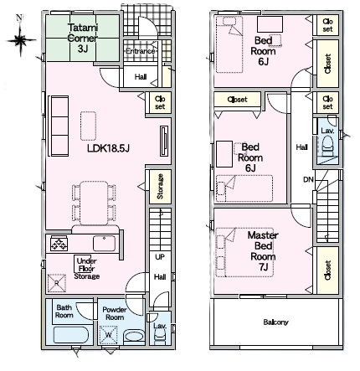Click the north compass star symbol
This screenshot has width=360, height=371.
20,40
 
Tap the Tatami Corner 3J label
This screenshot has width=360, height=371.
83,38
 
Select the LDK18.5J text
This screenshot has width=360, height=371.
108,148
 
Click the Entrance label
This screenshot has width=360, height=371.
140,51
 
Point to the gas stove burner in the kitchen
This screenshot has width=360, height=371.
59,243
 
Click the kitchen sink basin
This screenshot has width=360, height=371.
104,243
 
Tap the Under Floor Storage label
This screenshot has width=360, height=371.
87,269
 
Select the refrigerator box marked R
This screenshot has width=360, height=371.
57,283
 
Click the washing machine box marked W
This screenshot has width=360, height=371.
108,335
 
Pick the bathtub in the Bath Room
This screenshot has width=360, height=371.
71,334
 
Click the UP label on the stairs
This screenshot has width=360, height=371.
160,256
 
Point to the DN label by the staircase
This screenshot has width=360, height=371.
308,179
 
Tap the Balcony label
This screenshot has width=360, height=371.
275,322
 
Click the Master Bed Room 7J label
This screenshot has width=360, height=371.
263,251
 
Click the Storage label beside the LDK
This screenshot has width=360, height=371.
160,186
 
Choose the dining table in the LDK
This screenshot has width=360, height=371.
94,203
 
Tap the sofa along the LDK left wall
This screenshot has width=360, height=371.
59,126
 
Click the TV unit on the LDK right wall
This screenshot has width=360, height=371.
164,141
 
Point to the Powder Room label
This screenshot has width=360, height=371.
115,313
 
